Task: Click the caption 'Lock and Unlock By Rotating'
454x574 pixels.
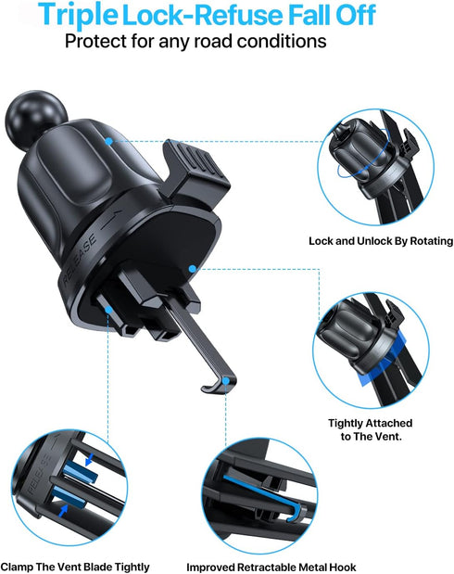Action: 380,241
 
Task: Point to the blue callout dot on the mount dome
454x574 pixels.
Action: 109,142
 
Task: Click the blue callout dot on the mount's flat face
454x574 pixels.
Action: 192,269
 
